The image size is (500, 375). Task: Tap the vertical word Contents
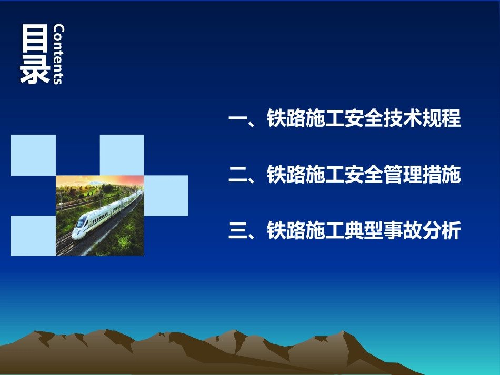pyautogui.click(x=58, y=54)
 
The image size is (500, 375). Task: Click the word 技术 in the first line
pyautogui.click(x=403, y=119)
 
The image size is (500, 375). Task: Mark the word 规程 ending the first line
pyautogui.click(x=442, y=119)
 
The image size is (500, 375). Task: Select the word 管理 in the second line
pyautogui.click(x=403, y=175)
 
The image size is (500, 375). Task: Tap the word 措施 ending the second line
pyautogui.click(x=442, y=175)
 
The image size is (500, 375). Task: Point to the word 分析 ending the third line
pyautogui.click(x=442, y=231)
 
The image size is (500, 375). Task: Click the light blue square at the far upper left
pyautogui.click(x=33, y=155)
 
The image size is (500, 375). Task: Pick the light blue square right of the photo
pyautogui.click(x=166, y=195)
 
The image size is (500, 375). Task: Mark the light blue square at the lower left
pyautogui.click(x=33, y=236)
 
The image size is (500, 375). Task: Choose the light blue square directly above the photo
pyautogui.click(x=122, y=155)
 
